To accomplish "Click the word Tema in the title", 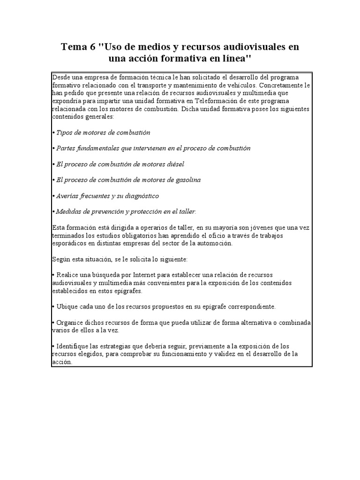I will pos(74,47).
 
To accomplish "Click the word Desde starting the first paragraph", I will pos(61,76).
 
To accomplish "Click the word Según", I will pos(60,259).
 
